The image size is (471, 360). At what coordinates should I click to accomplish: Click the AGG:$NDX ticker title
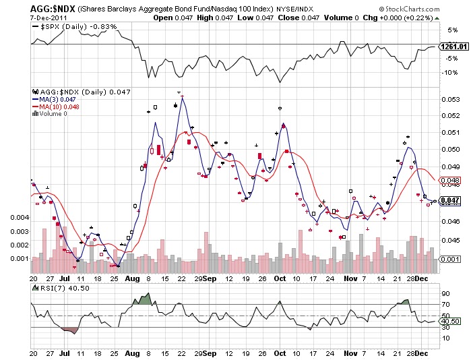53,7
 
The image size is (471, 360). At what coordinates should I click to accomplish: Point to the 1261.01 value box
453,47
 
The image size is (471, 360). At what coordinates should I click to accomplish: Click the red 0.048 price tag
449,180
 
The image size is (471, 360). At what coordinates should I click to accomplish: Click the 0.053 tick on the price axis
451,100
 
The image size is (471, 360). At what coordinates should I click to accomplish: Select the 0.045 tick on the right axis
451,239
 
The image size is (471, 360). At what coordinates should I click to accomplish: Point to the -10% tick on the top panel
451,72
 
